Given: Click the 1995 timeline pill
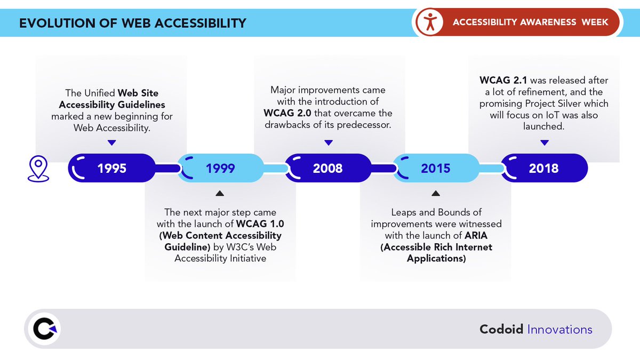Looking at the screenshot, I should (x=112, y=169).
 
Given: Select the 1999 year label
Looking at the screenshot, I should (x=220, y=169).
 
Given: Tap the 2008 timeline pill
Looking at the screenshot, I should (x=328, y=169).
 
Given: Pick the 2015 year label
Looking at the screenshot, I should (x=436, y=169).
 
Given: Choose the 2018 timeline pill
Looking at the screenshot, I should (x=544, y=169).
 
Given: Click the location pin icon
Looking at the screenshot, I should (x=38, y=169).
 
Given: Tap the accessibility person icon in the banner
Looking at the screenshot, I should (x=429, y=22).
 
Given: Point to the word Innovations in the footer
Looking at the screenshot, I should (x=559, y=330).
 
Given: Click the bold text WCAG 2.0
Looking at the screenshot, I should (x=283, y=113).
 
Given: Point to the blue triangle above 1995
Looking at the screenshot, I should (x=111, y=142).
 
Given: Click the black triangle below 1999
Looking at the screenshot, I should (x=220, y=194).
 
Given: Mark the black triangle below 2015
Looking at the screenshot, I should (x=436, y=194).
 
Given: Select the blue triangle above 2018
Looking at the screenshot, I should (x=544, y=142).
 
